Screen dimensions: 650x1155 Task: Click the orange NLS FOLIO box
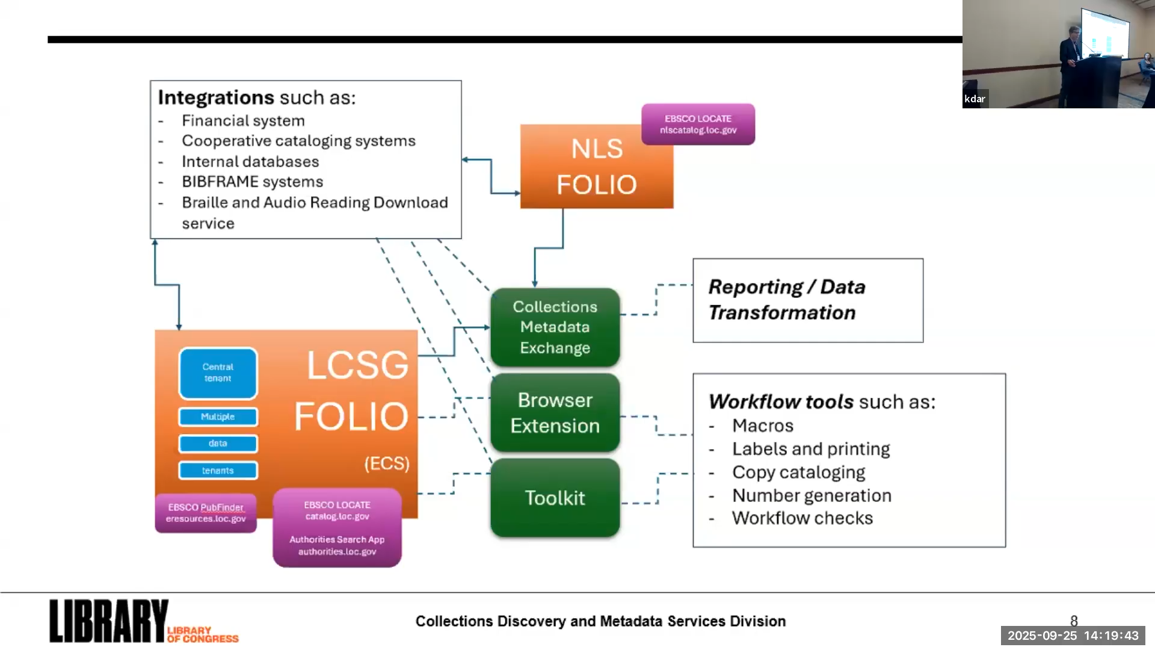click(596, 167)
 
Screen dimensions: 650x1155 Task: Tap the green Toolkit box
click(555, 498)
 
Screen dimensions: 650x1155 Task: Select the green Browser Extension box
click(555, 413)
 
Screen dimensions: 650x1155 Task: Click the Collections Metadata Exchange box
click(555, 327)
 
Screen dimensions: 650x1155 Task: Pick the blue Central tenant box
click(218, 373)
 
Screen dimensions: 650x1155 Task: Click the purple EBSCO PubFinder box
click(206, 513)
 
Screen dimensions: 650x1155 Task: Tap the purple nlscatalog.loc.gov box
click(698, 124)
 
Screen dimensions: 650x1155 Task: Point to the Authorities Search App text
click(337, 540)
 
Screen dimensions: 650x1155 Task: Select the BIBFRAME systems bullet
click(253, 182)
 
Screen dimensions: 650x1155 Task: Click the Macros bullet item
click(763, 426)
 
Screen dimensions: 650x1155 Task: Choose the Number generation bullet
click(812, 495)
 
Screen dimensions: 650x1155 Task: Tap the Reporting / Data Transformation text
click(787, 300)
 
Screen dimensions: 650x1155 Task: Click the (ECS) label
click(387, 463)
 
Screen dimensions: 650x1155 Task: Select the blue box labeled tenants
click(218, 471)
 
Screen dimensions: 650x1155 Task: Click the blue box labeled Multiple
click(218, 416)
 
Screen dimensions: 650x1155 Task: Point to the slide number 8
click(1074, 620)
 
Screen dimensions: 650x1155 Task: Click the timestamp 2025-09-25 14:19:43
click(1073, 636)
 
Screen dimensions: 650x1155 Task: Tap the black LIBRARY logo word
click(108, 621)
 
